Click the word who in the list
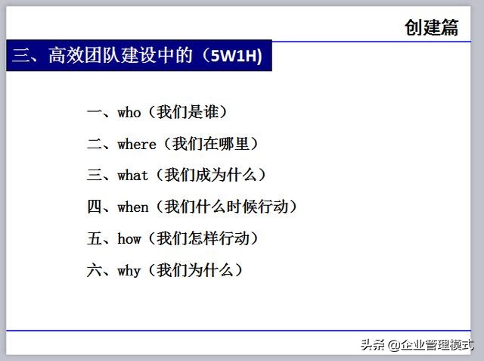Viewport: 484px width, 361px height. tap(129, 113)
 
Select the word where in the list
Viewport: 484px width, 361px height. tap(137, 145)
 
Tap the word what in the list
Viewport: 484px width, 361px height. tap(133, 176)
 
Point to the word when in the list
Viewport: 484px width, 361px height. tap(133, 207)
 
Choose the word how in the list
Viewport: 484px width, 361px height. tap(129, 238)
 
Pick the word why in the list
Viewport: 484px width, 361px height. tap(129, 271)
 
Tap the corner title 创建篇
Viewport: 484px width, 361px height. tap(431, 27)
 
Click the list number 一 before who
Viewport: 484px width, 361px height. tap(94, 112)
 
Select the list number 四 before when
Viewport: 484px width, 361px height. tap(94, 207)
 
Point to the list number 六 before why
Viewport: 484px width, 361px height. tap(94, 270)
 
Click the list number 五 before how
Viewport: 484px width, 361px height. tap(94, 238)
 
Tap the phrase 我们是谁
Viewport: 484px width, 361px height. tap(188, 112)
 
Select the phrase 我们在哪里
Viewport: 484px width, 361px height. tap(211, 144)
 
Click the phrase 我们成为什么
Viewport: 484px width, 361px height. tap(211, 175)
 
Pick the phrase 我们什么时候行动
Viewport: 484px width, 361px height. tap(226, 207)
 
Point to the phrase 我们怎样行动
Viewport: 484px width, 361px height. tap(203, 238)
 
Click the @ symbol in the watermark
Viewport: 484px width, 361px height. tap(394, 345)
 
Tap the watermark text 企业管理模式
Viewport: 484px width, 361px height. tap(437, 344)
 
